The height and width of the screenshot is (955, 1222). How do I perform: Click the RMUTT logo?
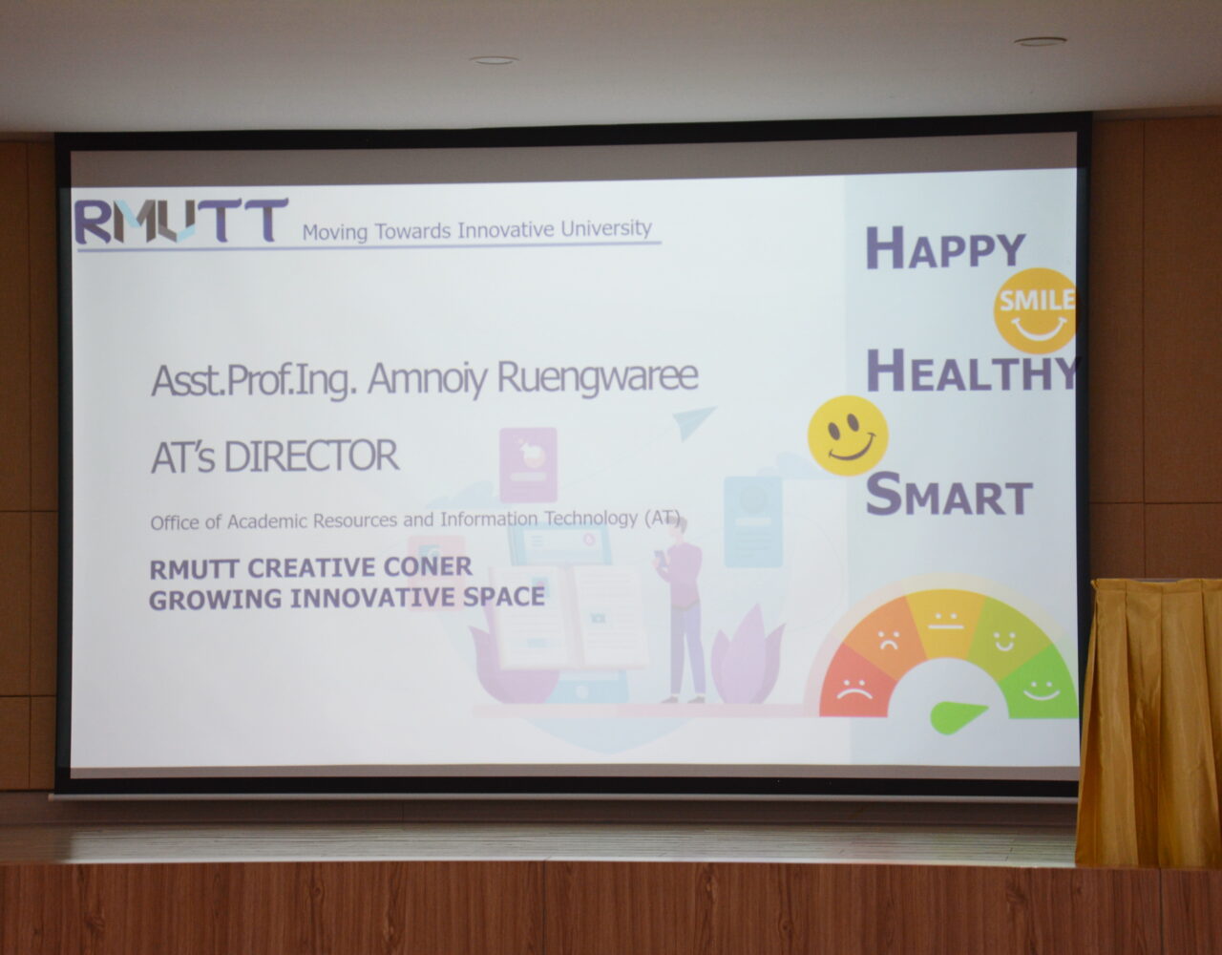coord(181,221)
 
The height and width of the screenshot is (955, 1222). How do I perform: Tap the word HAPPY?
coord(945,247)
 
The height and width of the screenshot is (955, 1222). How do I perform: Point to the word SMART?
coord(949,494)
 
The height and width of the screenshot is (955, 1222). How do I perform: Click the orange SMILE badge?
coord(1035,309)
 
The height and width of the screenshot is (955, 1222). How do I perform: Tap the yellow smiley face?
coord(848,435)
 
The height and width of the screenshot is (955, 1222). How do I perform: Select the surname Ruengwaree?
coord(598,377)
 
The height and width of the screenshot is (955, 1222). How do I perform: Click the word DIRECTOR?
coord(311,456)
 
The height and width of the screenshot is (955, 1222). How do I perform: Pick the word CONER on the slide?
coord(428,566)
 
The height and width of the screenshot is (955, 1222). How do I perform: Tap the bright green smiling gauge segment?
coord(1042,685)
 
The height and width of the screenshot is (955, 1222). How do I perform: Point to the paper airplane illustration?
coord(694,422)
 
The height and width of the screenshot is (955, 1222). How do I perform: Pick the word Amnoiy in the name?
coord(427,380)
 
